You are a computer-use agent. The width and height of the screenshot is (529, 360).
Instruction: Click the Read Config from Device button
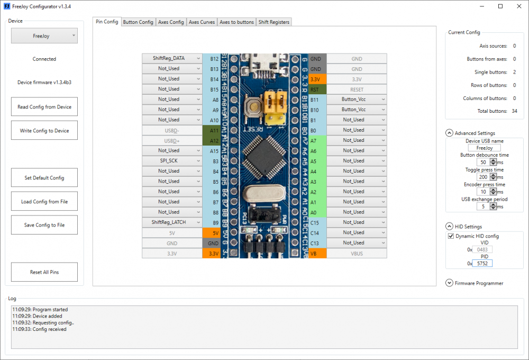44,107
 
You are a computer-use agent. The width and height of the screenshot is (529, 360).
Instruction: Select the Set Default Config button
44,178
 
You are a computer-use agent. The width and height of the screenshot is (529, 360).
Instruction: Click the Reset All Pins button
44,272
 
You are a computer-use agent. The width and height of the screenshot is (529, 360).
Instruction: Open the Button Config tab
138,22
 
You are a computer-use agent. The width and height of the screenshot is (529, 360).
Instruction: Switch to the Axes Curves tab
201,22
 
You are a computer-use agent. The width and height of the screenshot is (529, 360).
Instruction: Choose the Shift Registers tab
273,22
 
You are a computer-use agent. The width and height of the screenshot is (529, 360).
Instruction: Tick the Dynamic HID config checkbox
451,236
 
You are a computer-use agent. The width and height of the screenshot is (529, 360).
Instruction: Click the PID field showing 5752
482,263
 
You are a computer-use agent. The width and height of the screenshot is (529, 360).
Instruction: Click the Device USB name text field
484,148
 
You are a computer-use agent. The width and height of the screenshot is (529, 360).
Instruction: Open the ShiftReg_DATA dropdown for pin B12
172,58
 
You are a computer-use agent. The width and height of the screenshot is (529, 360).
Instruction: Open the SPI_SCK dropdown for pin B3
172,160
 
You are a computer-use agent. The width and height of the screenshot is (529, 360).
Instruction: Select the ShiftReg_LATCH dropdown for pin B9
172,222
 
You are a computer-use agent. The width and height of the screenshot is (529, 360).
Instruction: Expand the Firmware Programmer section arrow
450,283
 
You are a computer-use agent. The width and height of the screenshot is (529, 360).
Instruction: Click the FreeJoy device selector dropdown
44,36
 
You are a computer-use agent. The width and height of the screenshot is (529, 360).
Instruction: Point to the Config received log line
40,329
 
